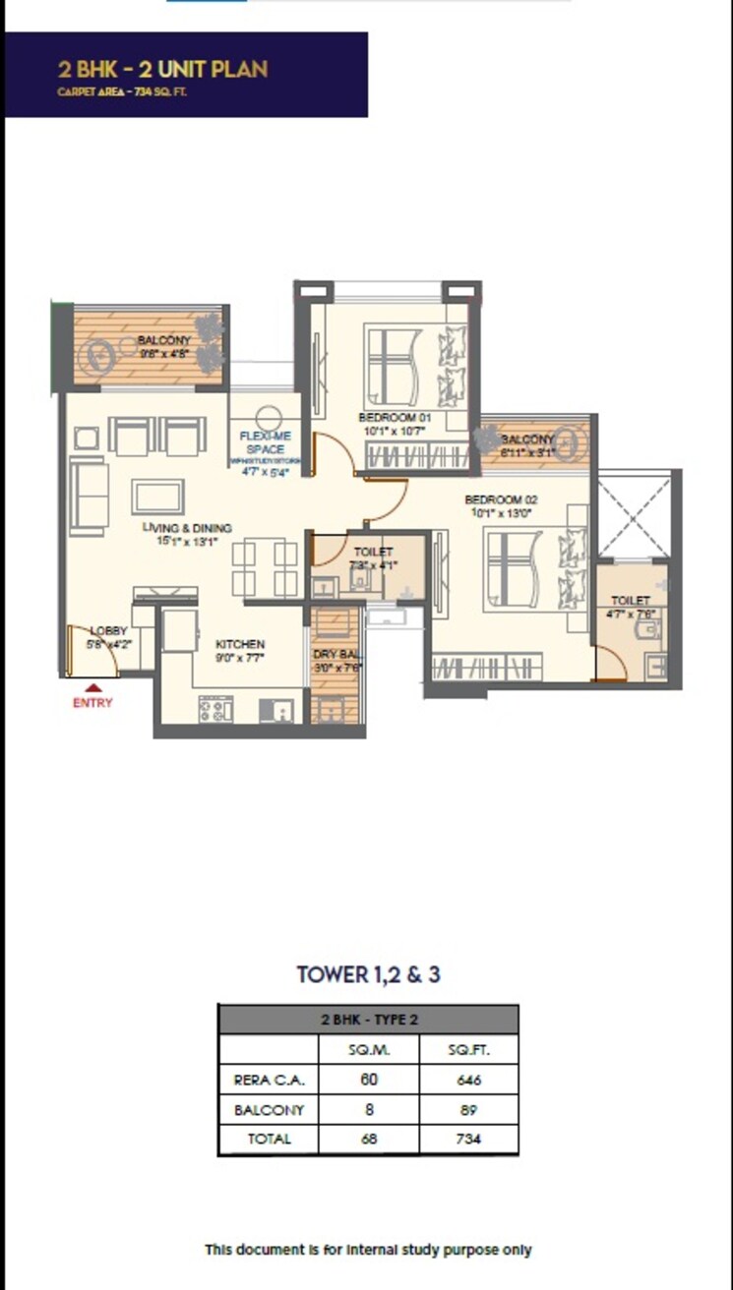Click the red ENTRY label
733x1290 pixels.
click(x=92, y=703)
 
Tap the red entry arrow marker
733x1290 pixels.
click(x=92, y=688)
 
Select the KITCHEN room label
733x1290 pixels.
click(x=240, y=645)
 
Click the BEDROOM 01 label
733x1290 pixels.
click(x=395, y=417)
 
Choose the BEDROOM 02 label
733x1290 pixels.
click(x=501, y=499)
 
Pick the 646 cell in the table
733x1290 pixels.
click(x=468, y=1080)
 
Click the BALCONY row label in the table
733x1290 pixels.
click(x=269, y=1110)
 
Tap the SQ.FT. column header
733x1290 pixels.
click(x=468, y=1049)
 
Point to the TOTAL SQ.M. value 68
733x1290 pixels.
click(x=370, y=1140)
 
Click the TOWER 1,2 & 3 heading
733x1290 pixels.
click(x=368, y=975)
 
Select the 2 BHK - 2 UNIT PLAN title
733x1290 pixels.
click(x=162, y=69)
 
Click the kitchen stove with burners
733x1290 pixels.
click(x=215, y=709)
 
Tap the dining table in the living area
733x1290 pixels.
click(x=265, y=568)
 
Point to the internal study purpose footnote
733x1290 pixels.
click(x=368, y=1250)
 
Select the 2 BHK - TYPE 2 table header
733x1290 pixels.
click(x=368, y=1020)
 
